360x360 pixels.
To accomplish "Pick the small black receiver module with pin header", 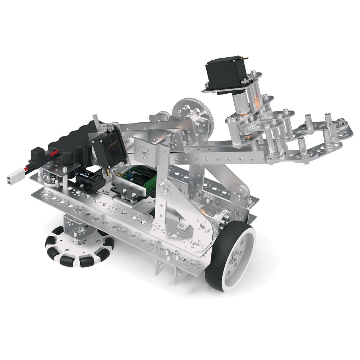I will tap(89, 177).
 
